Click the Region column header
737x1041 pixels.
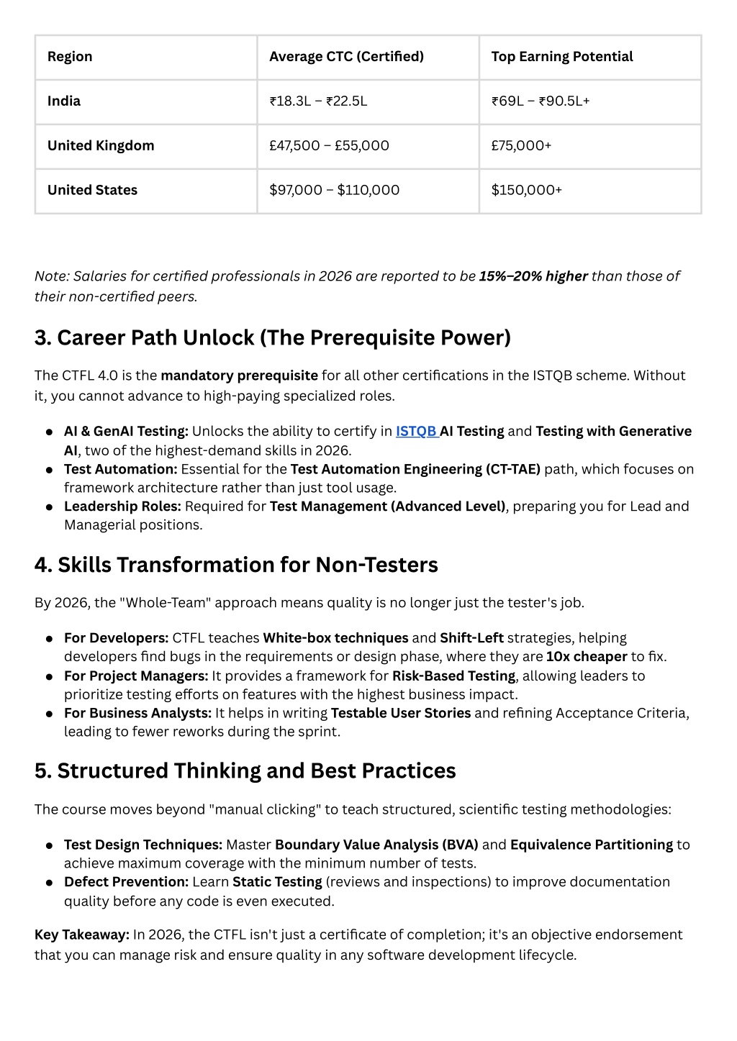point(70,57)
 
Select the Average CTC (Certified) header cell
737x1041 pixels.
point(346,57)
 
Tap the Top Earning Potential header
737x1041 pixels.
point(561,57)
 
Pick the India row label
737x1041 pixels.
point(64,101)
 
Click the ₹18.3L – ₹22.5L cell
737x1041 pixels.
point(318,101)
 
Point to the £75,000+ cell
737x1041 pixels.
point(521,146)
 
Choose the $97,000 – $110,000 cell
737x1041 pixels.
point(334,191)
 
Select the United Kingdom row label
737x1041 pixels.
point(101,146)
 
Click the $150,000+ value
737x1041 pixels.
point(526,191)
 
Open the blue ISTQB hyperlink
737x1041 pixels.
point(416,432)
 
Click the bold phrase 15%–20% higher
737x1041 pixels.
point(533,276)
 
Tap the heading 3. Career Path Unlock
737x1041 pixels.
point(272,337)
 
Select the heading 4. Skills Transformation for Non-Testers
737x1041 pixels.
point(236,565)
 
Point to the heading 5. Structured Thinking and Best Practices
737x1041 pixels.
point(245,770)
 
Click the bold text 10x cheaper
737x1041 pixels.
point(587,657)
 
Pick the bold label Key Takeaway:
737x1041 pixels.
point(82,935)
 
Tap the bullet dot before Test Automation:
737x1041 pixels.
point(49,470)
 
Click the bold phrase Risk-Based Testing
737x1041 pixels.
point(453,676)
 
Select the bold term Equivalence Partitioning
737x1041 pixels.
point(591,845)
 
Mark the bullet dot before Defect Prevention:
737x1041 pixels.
point(49,883)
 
